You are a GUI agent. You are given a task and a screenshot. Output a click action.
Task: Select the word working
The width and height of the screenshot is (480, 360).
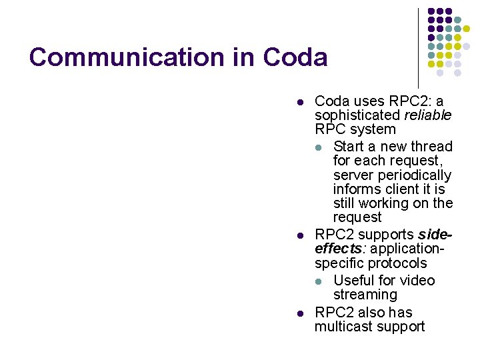[390, 203]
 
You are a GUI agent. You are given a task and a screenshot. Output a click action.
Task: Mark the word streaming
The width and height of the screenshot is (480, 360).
[365, 295]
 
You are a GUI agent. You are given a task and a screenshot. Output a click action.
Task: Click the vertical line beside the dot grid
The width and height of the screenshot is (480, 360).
[418, 47]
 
